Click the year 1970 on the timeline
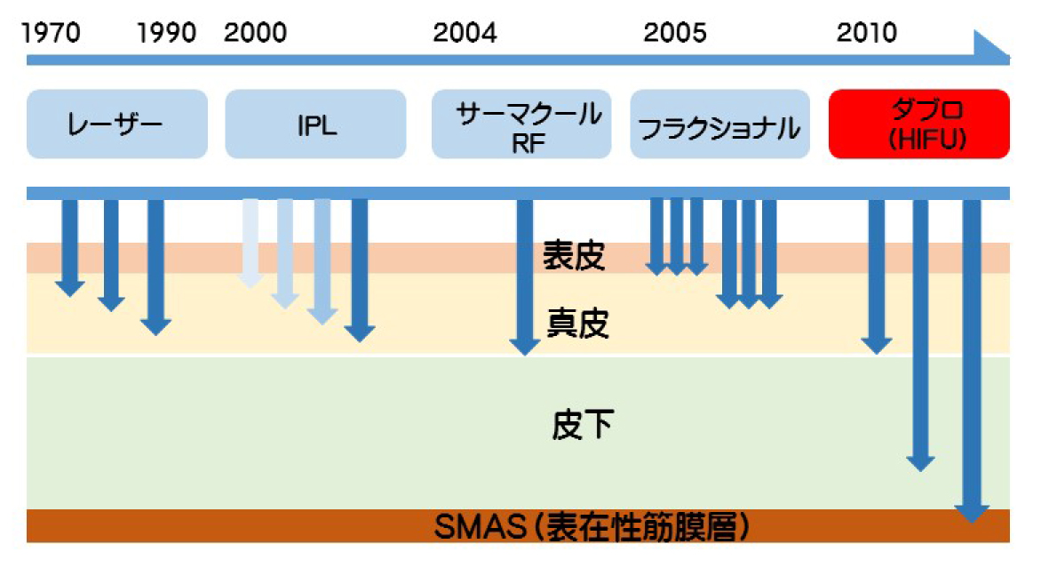(52, 33)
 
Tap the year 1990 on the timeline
(166, 33)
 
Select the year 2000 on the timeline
(256, 33)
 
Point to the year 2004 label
(465, 33)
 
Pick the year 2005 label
(675, 33)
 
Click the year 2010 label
(866, 33)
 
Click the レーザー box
(117, 124)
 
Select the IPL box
(315, 124)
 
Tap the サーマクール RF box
(521, 124)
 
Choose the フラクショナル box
(719, 124)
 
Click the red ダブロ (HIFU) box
(918, 124)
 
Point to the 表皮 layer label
(574, 256)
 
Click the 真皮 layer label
(577, 324)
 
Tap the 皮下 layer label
(583, 425)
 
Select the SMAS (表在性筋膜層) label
(592, 527)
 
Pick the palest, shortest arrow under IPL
(250, 244)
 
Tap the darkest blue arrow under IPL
(360, 270)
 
